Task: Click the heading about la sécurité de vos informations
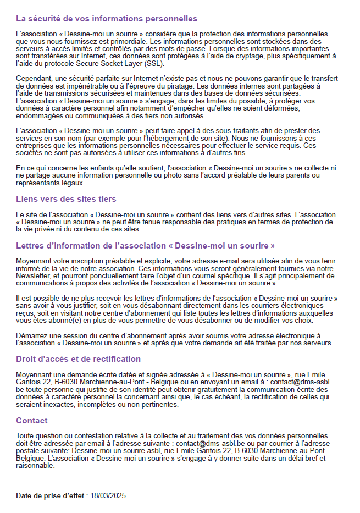107,19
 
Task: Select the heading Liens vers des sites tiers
66,199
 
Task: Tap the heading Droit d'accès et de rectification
78,359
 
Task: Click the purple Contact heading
32,421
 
